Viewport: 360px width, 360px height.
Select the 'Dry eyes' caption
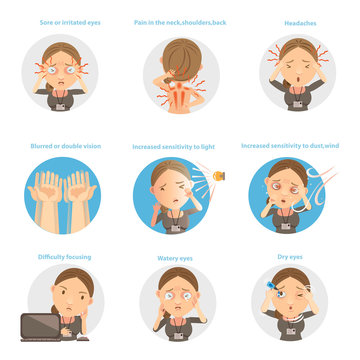291,257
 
